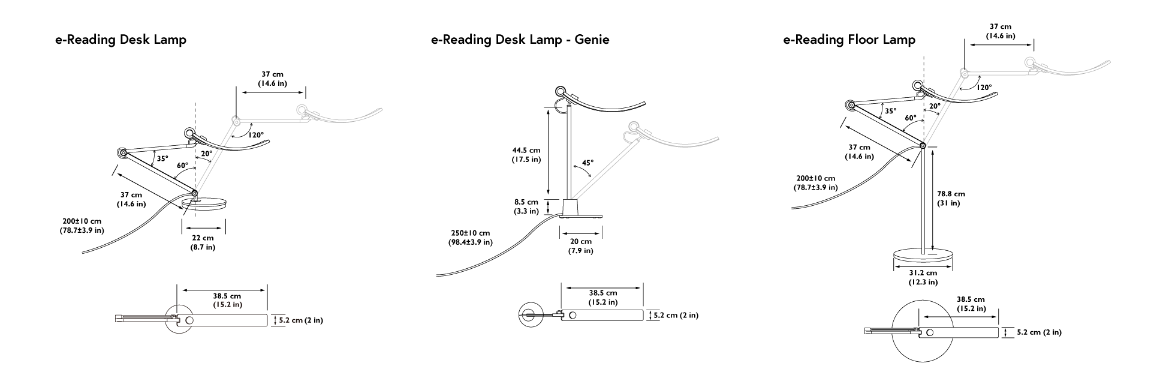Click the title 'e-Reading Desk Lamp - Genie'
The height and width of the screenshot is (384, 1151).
point(520,40)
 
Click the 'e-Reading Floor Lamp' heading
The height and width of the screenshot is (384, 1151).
point(849,40)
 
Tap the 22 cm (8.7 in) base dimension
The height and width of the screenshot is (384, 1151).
point(203,242)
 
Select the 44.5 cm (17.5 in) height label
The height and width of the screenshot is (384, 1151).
point(526,155)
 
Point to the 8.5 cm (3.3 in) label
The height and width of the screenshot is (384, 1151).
point(526,206)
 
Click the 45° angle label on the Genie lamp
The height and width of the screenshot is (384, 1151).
point(587,163)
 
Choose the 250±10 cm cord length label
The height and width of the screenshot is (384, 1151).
point(471,237)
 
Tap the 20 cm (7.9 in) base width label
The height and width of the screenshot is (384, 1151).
point(580,245)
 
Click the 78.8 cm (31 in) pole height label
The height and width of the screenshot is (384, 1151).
point(951,199)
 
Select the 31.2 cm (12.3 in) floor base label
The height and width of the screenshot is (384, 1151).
point(923,277)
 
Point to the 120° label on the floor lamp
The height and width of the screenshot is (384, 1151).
point(984,88)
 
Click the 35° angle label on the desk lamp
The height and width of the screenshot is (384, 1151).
point(162,159)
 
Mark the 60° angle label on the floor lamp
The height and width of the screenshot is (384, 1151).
point(910,119)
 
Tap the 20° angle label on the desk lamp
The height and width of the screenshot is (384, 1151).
point(206,154)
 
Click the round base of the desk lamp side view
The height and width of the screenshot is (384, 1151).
point(206,204)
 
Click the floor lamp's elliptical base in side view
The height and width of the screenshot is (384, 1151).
point(923,257)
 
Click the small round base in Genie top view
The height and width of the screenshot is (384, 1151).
point(529,315)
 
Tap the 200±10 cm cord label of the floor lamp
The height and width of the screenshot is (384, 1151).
point(815,183)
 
